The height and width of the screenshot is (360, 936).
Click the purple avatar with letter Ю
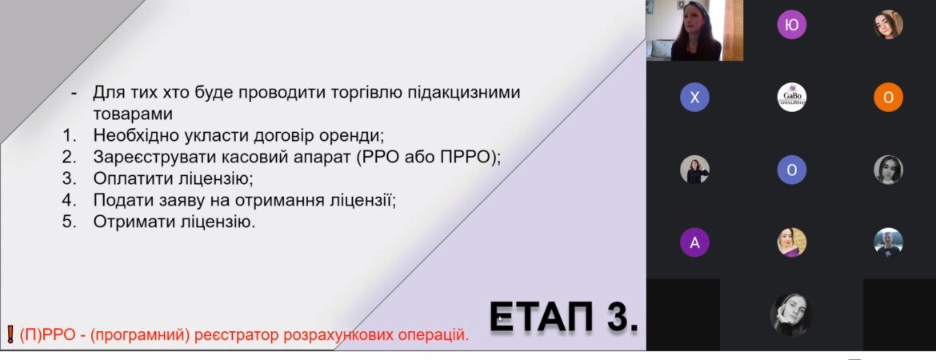(x=791, y=25)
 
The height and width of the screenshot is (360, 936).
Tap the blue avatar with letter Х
(x=695, y=98)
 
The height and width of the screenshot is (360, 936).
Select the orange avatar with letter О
(x=888, y=98)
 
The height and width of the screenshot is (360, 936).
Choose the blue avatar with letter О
(x=791, y=170)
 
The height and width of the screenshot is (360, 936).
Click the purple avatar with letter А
(x=695, y=242)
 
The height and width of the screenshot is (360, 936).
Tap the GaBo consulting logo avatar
(x=791, y=98)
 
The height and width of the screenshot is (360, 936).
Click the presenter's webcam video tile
(x=694, y=30)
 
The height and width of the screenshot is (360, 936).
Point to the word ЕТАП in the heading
(x=542, y=317)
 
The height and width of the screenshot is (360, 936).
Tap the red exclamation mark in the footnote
(x=10, y=334)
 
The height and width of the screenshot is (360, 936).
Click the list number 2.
(x=70, y=157)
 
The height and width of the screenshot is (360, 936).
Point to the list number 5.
(x=70, y=222)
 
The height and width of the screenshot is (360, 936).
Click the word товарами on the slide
(x=133, y=114)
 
